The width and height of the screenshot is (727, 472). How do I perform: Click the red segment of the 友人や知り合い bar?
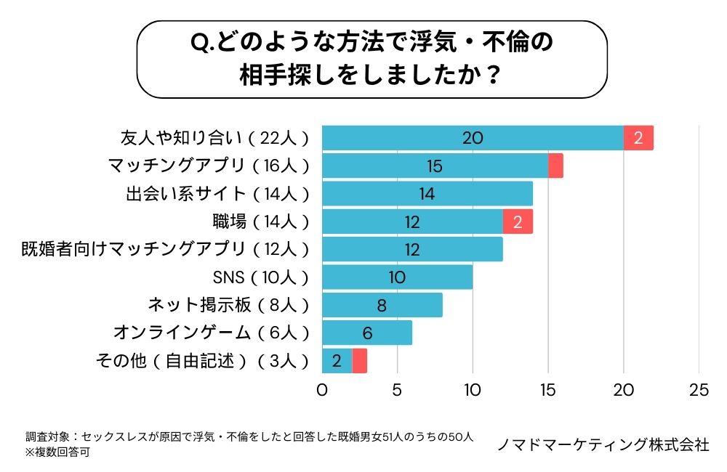(x=639, y=138)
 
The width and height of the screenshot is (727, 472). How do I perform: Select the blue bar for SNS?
(x=397, y=277)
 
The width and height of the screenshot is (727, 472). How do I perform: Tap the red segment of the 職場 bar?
(x=518, y=221)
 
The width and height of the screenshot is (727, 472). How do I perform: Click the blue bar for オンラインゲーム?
(x=367, y=333)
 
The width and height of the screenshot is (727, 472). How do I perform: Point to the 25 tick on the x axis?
(x=699, y=390)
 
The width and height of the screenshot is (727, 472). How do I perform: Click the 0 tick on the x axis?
(x=322, y=390)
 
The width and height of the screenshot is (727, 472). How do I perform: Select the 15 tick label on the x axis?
(x=548, y=390)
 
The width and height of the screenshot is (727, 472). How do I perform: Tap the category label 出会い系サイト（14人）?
(x=217, y=194)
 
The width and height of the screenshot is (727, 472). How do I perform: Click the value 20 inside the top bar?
(x=473, y=138)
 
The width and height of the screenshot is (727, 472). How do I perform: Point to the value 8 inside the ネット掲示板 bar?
(x=382, y=305)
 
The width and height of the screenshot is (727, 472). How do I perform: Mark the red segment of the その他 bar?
(x=359, y=360)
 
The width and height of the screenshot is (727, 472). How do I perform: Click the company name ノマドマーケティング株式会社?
(x=603, y=444)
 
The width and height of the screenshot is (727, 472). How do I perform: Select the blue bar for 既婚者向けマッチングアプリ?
(x=412, y=249)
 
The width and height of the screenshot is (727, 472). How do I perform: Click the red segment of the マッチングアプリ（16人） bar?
(x=555, y=166)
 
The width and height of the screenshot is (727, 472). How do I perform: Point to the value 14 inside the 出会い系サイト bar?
(x=427, y=194)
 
